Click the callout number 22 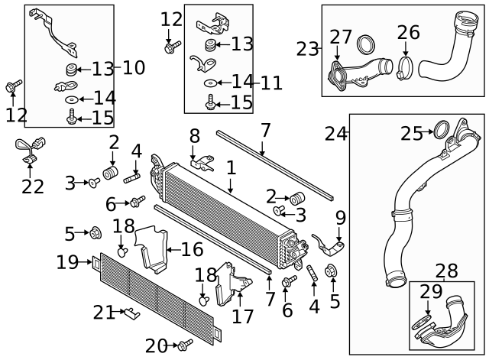click(x=33, y=186)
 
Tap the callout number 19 click(x=67, y=262)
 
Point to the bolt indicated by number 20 click(x=185, y=345)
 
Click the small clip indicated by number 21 click(x=131, y=312)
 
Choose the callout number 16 click(x=192, y=249)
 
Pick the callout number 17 click(x=243, y=316)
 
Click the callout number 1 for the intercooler click(x=231, y=166)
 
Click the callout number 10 click(x=133, y=68)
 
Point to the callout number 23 click(x=308, y=49)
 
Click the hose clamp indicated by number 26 click(x=406, y=66)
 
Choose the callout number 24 click(x=335, y=135)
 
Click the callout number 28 click(x=446, y=271)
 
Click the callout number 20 click(x=156, y=346)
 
